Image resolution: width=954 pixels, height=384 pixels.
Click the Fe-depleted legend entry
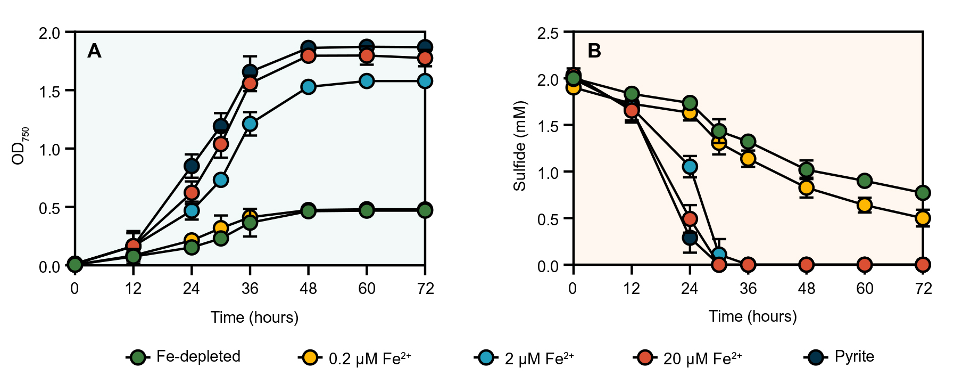(x=184, y=357)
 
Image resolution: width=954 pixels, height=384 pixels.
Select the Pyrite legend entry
(x=841, y=357)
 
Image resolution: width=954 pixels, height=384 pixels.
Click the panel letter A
(x=94, y=51)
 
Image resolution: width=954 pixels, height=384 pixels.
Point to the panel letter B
(x=594, y=51)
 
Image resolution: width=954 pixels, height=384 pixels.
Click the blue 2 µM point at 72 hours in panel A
(x=425, y=81)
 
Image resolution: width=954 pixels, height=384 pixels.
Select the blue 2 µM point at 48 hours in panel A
(x=308, y=87)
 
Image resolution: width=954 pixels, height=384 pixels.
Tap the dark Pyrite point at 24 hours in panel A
(x=192, y=166)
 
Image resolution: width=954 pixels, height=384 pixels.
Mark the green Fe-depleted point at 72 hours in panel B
(x=923, y=192)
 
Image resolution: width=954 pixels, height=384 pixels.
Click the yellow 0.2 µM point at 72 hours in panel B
(x=923, y=218)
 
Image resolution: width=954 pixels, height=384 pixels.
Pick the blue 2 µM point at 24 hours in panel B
(x=690, y=167)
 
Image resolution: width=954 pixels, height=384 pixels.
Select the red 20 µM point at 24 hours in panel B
(x=690, y=218)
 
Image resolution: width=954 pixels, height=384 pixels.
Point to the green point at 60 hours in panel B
(x=865, y=181)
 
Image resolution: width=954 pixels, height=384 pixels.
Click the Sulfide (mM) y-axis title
(x=519, y=145)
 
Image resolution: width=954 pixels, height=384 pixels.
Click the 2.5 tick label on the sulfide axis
(x=548, y=34)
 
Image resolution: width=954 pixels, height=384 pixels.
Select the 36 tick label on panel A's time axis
(x=250, y=289)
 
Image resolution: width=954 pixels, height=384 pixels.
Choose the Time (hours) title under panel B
(x=752, y=316)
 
